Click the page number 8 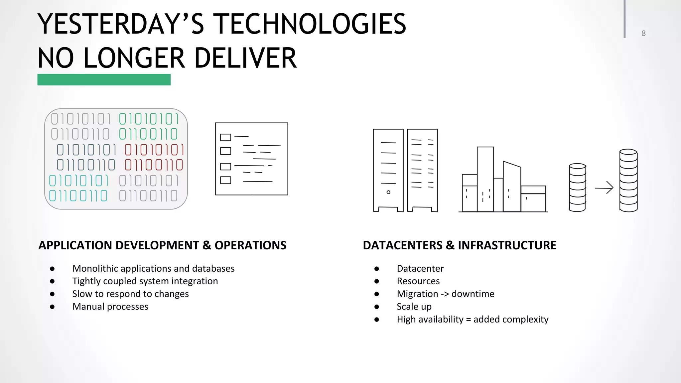643,33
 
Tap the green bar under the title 104,80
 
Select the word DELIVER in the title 245,58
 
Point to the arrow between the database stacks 604,188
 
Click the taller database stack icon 628,181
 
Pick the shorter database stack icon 577,188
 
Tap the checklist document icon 251,159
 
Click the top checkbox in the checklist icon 225,137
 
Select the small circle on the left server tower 388,192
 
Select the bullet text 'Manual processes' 110,307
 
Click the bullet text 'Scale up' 414,307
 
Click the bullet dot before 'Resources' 376,281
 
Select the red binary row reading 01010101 154,150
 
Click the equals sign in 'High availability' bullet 468,319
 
